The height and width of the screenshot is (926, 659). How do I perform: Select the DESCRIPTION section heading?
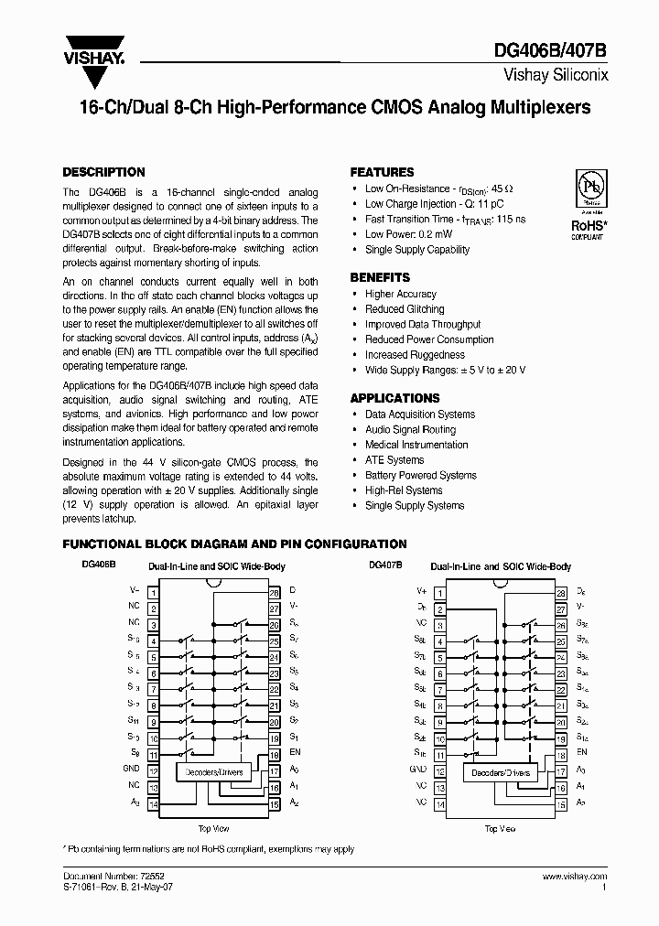coord(103,172)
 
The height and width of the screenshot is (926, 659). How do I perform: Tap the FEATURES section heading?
coord(383,172)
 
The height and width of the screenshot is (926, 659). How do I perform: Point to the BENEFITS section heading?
coord(380,277)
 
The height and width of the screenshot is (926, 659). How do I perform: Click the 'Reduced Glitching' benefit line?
coord(405,309)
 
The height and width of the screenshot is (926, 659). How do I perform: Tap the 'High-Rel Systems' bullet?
coord(404,490)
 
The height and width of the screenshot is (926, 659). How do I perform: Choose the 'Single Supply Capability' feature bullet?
coord(416,250)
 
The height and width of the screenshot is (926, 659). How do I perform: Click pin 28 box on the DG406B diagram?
coord(274,593)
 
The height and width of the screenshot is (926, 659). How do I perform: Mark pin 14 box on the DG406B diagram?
coord(154,802)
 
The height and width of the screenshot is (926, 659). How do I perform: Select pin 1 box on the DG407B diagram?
coord(440,593)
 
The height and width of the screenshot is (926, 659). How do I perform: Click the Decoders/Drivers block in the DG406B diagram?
coord(214,772)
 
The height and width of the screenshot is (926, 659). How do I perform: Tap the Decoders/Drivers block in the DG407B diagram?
coord(500,772)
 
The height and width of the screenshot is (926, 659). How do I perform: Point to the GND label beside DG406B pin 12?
coord(131,770)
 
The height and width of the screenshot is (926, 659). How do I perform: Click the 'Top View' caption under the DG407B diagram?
coord(500,828)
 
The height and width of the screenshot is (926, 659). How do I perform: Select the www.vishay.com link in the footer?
coord(568,877)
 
